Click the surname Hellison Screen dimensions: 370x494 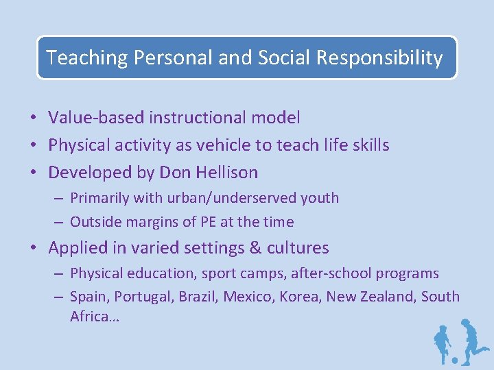tap(226, 172)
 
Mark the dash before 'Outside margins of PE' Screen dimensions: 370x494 tap(60, 223)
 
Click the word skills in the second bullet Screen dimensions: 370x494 tap(371, 145)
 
